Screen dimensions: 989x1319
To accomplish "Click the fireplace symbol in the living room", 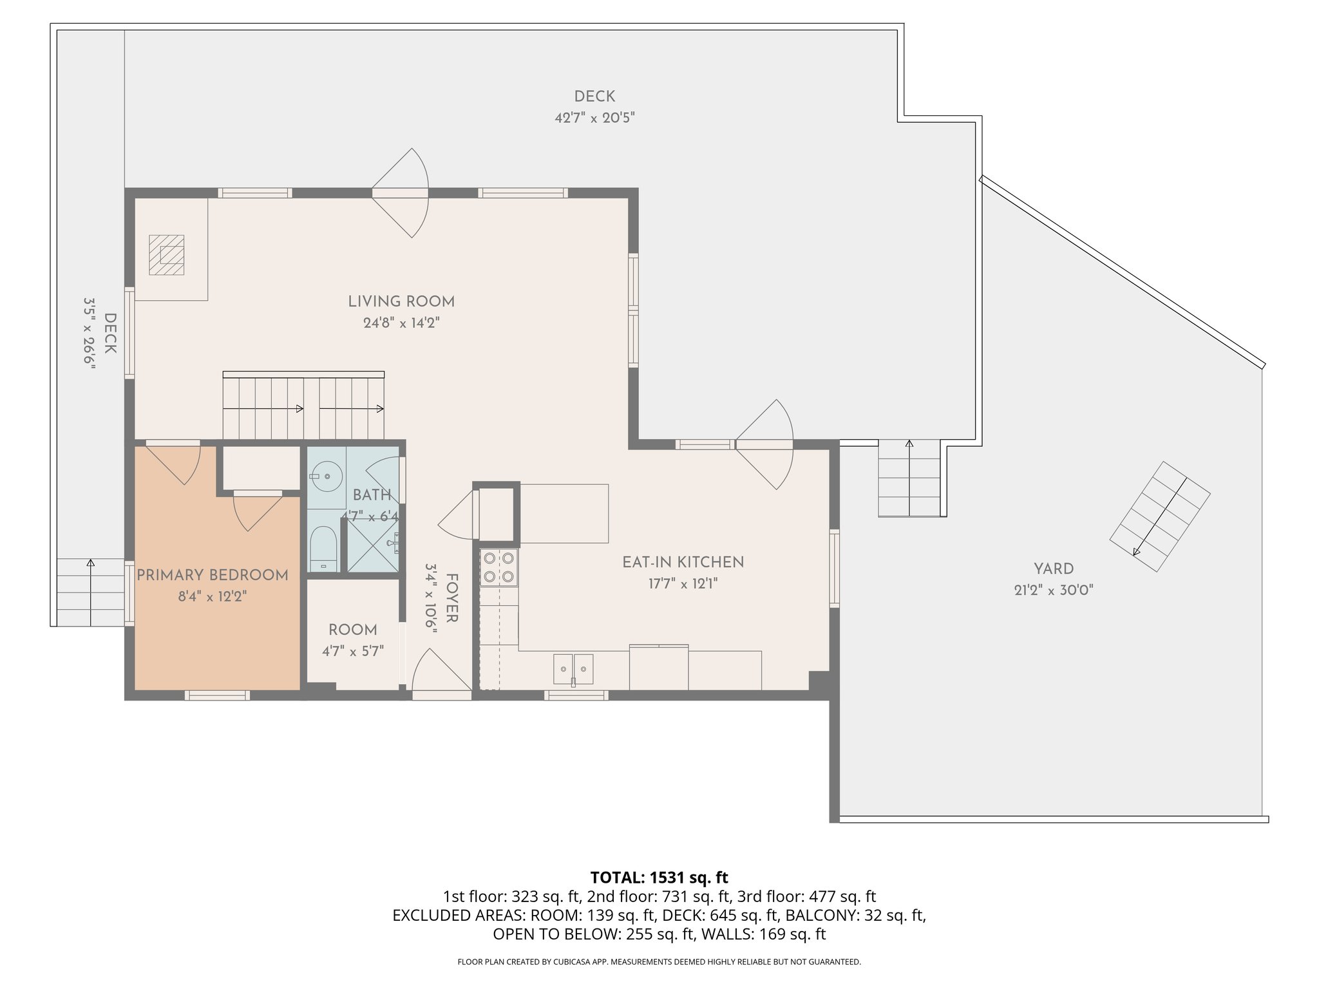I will tap(167, 255).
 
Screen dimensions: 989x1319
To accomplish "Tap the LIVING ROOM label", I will tap(401, 301).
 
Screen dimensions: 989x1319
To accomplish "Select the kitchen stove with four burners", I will tap(499, 567).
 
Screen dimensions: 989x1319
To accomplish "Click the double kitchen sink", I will tap(573, 670).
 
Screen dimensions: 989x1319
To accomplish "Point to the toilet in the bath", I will tap(323, 549).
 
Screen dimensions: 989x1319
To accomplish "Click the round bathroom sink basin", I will tap(327, 476).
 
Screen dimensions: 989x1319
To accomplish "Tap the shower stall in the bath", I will tap(372, 544).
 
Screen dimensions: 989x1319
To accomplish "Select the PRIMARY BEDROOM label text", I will tap(213, 575).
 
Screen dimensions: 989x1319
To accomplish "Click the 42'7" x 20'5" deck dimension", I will tap(594, 118).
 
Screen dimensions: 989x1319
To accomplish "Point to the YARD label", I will tap(1054, 569).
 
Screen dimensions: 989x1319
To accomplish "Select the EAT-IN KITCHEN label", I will tap(683, 562).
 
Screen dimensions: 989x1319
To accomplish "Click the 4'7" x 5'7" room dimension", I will tap(353, 651).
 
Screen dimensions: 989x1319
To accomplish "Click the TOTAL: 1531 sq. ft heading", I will tap(659, 877).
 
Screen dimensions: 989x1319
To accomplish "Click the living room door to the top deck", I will tap(401, 193).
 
